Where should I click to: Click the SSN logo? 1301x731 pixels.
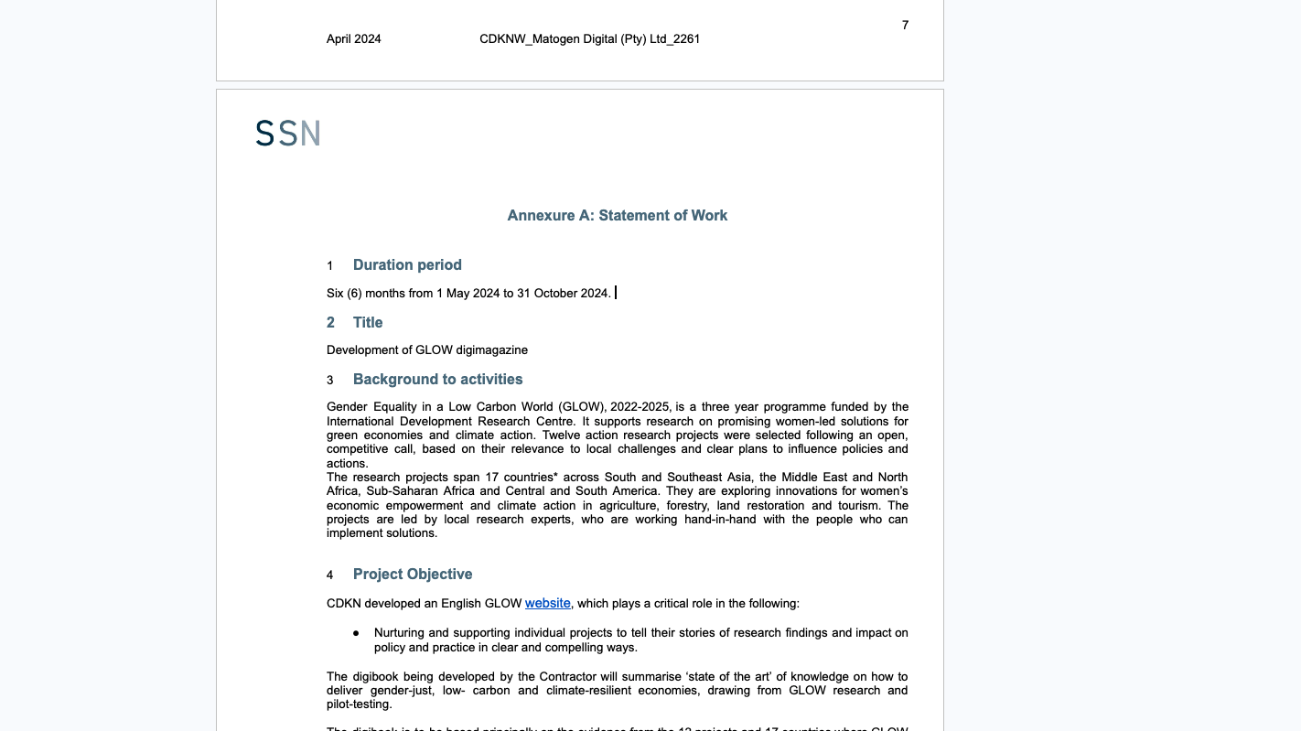pyautogui.click(x=287, y=134)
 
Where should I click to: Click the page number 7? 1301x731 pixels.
pyautogui.click(x=905, y=25)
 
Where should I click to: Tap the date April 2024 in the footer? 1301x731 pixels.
pyautogui.click(x=353, y=39)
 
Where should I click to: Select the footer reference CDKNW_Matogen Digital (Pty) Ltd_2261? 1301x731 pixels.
pyautogui.click(x=589, y=39)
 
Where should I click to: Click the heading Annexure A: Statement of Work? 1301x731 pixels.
pyautogui.click(x=617, y=216)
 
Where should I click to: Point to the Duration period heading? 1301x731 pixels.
pyautogui.click(x=407, y=265)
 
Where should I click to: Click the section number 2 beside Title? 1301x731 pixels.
pyautogui.click(x=330, y=323)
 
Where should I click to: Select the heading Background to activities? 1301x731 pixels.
pyautogui.click(x=437, y=380)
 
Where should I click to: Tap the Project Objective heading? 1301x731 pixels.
pyautogui.click(x=413, y=575)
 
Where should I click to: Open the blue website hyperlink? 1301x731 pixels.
pyautogui.click(x=547, y=604)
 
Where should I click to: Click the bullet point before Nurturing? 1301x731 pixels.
pyautogui.click(x=356, y=633)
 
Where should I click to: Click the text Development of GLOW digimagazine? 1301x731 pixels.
pyautogui.click(x=426, y=350)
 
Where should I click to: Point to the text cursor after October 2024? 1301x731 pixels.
pyautogui.click(x=616, y=293)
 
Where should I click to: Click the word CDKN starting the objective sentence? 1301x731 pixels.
pyautogui.click(x=344, y=604)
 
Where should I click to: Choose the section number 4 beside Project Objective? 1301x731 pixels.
pyautogui.click(x=330, y=575)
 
